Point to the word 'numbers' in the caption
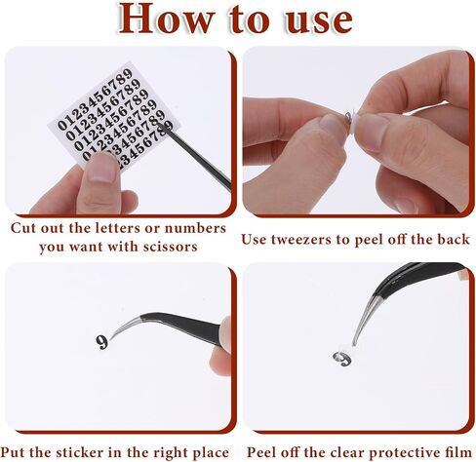[x=195, y=228]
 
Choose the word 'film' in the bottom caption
[x=458, y=452]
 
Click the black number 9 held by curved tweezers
[x=102, y=342]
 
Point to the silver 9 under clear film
[x=342, y=359]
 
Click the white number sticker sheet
[x=114, y=114]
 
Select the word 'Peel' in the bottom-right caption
[x=261, y=452]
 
